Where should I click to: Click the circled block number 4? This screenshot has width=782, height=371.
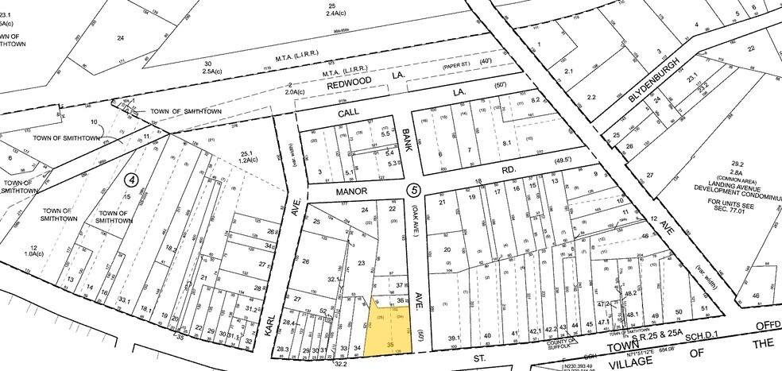click(132, 180)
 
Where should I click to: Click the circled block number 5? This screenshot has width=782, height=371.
click(412, 191)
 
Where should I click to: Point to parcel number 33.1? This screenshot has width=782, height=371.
click(124, 300)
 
